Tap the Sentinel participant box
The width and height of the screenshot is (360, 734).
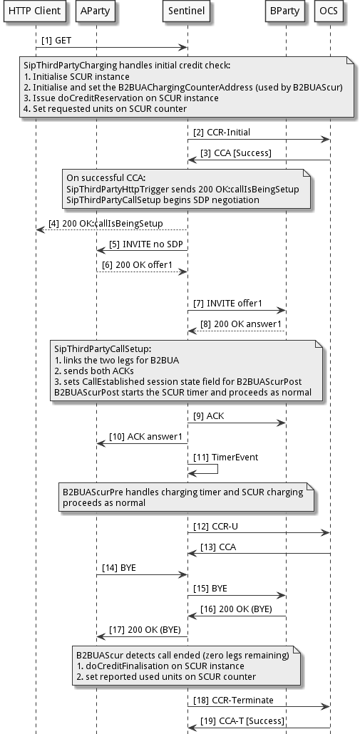[187, 12]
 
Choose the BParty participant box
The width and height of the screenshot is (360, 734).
[285, 12]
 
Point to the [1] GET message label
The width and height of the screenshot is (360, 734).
[57, 41]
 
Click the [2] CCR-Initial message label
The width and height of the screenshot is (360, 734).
[222, 133]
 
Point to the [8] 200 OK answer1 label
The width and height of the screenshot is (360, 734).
[243, 324]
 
